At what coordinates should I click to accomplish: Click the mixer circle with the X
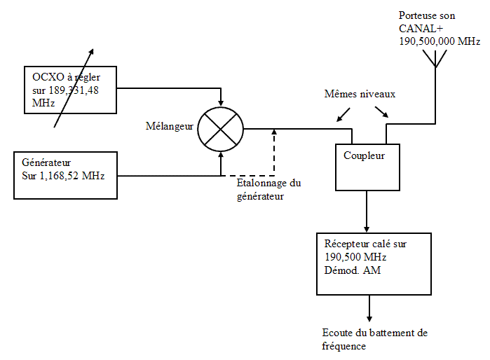[x=220, y=130]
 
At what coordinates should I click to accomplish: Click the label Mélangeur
[x=170, y=127]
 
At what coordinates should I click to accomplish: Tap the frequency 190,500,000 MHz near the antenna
[x=439, y=41]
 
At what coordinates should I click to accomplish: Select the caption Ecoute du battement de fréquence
[x=369, y=338]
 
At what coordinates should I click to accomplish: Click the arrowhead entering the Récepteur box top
[x=367, y=228]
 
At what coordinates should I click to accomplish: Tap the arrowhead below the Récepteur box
[x=369, y=316]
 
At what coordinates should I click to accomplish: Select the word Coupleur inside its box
[x=364, y=155]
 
